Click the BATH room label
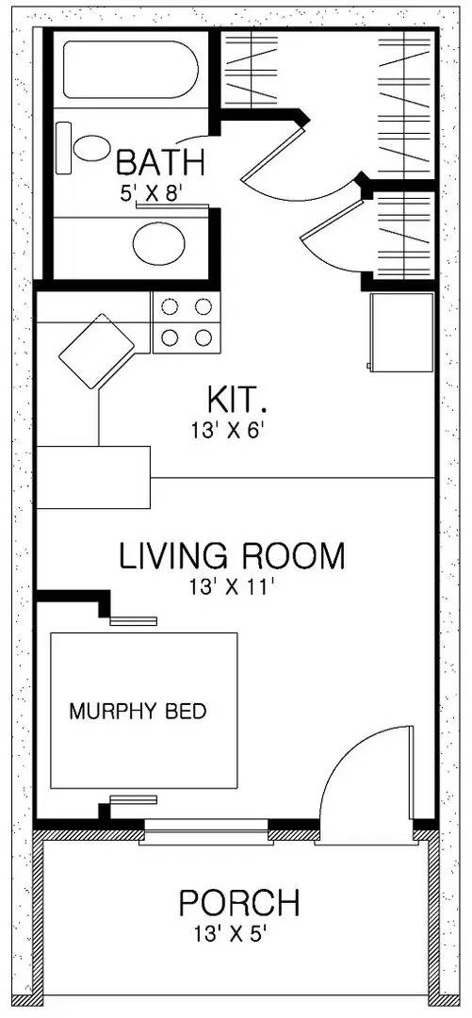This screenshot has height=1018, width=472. click(159, 162)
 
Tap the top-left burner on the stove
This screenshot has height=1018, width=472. click(171, 306)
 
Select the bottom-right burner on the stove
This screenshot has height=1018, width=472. click(203, 337)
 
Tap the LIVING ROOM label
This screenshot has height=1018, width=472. click(232, 556)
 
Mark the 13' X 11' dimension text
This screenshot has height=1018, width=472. click(231, 587)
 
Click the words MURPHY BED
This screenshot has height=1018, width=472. click(138, 711)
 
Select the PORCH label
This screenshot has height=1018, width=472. click(239, 904)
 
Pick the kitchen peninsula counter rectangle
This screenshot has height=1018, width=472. click(93, 478)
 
